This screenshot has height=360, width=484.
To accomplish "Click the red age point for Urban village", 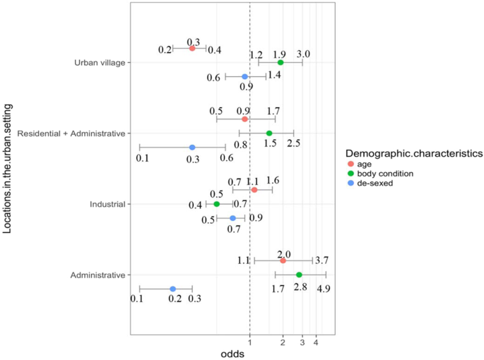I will click(191, 48).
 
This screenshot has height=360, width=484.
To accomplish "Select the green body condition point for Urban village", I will click(281, 62).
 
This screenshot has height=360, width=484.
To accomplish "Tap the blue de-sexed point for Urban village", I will click(245, 76).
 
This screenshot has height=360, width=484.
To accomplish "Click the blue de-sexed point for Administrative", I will click(172, 289).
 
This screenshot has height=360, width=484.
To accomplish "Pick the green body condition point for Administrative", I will click(299, 275).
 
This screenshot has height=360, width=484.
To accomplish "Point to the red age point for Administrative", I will click(283, 260).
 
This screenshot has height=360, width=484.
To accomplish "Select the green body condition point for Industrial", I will click(217, 204).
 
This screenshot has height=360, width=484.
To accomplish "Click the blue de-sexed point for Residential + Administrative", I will click(191, 148).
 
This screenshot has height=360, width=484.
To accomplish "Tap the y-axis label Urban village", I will click(100, 63).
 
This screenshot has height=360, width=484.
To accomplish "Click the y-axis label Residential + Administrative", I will click(71, 133).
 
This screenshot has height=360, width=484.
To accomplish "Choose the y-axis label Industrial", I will click(107, 204).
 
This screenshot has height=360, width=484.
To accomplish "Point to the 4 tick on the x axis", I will click(315, 342).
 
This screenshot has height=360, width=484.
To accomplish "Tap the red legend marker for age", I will click(351, 164).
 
